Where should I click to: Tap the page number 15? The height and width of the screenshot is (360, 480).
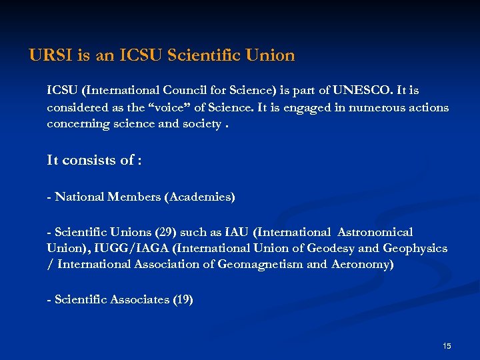coord(447,345)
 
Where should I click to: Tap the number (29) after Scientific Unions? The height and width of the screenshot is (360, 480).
coord(165,232)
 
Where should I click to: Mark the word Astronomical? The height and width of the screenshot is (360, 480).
coord(375,232)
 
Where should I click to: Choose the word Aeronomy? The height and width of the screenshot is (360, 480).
coord(361,265)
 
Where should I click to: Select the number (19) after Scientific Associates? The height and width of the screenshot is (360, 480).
coord(182,300)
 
